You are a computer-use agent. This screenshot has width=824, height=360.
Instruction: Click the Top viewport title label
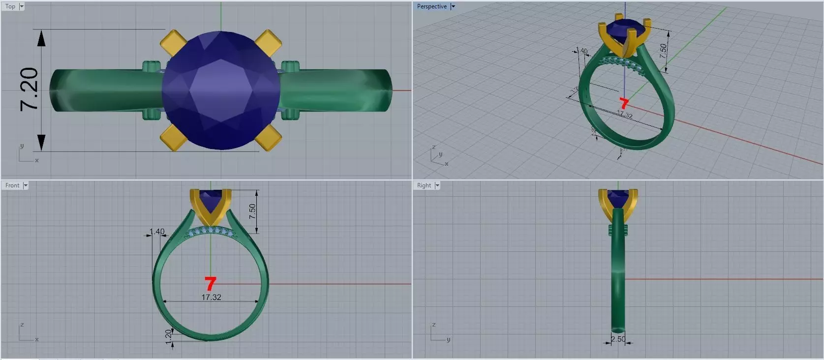[x=10, y=6]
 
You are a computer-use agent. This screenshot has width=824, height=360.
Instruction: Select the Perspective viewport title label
[x=431, y=6]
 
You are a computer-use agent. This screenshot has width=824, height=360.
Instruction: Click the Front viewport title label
[x=12, y=185]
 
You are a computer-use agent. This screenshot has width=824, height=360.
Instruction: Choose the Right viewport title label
[x=424, y=185]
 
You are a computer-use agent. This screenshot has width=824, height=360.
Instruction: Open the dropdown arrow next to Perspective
[x=453, y=6]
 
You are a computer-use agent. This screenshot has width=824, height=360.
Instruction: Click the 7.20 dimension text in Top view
[x=29, y=89]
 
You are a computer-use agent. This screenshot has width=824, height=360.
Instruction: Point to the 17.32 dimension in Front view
[x=211, y=298]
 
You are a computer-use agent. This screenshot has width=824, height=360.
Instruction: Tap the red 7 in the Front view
[x=210, y=283]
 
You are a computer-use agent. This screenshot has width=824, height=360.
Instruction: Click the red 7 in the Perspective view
[x=624, y=103]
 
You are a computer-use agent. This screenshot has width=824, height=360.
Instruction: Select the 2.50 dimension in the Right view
[x=618, y=339]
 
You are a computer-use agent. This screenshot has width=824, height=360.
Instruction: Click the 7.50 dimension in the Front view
[x=252, y=211]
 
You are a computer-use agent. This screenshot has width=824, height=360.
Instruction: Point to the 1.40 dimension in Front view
[x=157, y=232]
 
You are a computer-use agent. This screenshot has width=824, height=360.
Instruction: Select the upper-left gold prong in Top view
[x=173, y=42]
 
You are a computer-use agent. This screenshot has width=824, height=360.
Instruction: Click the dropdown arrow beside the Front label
[x=26, y=185]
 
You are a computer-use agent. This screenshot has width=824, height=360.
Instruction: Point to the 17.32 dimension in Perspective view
[x=625, y=115]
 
